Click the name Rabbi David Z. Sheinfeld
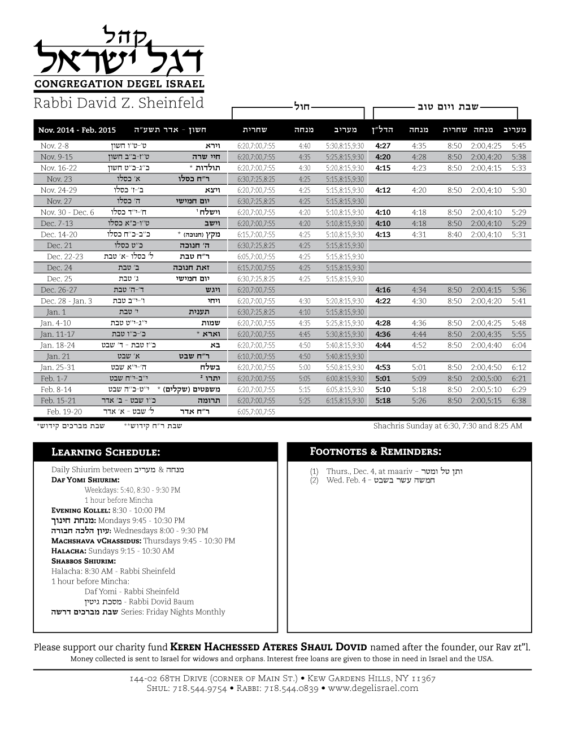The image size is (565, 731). (119, 103)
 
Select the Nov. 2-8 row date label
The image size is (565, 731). (55, 146)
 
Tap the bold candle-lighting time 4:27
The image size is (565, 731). (383, 146)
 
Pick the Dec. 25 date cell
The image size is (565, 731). (59, 279)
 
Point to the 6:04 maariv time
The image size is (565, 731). (518, 345)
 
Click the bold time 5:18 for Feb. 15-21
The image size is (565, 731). (383, 401)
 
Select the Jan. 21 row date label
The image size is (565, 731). (58, 356)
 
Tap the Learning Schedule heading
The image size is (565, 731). (106, 452)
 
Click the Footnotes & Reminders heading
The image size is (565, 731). (376, 451)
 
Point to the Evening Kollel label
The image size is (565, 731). (81, 510)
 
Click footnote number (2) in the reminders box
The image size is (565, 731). (314, 481)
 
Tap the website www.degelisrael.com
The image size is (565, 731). (373, 688)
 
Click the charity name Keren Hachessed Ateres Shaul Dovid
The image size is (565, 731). (269, 647)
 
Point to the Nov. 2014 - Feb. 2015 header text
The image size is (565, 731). (77, 130)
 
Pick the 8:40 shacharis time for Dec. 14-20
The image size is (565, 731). (454, 234)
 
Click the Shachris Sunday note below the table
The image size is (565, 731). (447, 425)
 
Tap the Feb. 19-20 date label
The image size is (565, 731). (64, 412)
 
